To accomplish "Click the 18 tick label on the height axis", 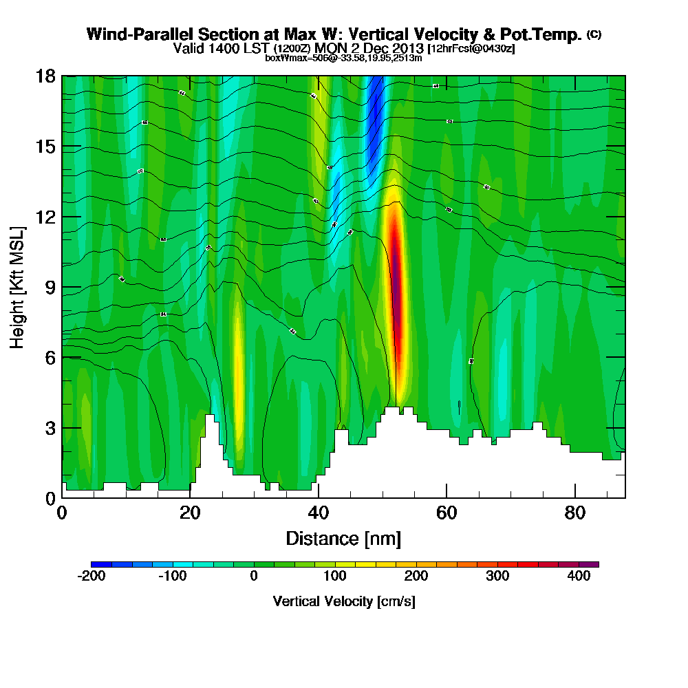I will [x=45, y=76].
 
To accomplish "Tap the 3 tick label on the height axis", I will [x=50, y=428].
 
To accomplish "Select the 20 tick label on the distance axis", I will [x=190, y=513].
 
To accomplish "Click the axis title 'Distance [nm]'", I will [x=343, y=538].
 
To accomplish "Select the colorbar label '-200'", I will [x=92, y=577].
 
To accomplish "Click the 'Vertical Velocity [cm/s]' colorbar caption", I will [x=343, y=601].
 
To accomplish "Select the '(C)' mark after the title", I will [x=594, y=34].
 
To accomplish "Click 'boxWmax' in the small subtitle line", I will [x=283, y=58].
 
